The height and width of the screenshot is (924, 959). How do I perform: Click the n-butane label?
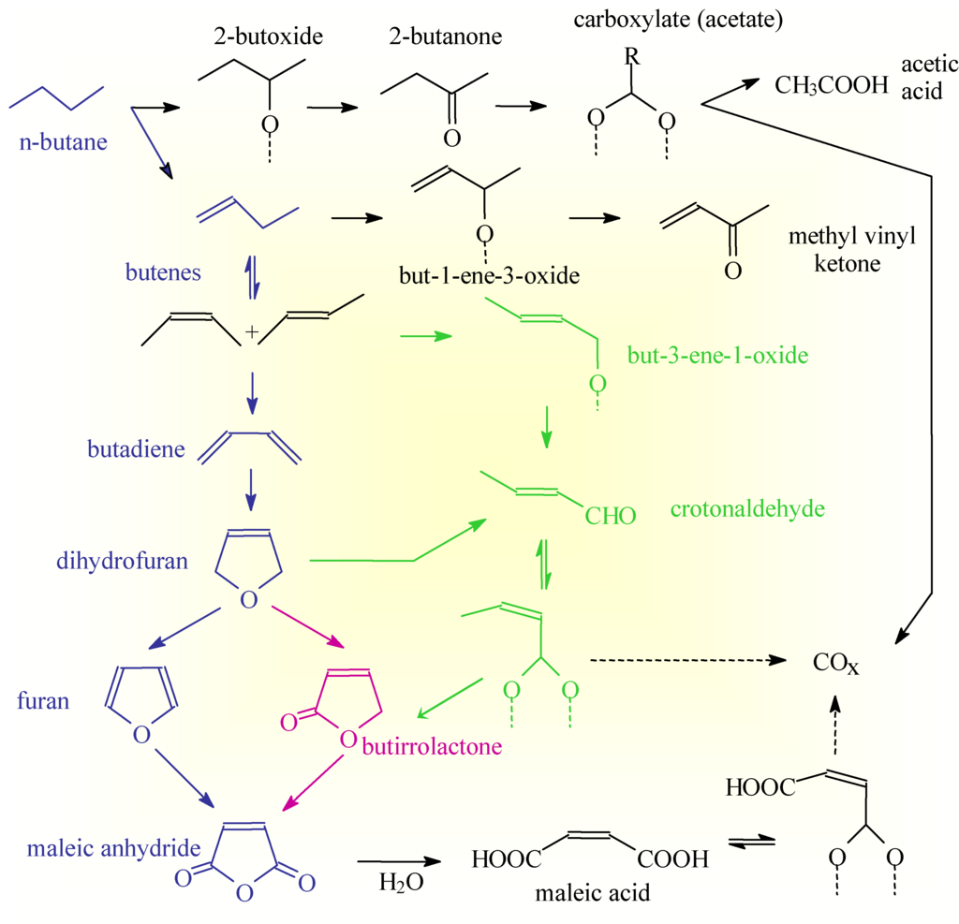62,143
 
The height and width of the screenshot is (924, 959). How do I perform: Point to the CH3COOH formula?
831,86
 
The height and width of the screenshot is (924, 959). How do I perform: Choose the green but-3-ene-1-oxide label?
716,357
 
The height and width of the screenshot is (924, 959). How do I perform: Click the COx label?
835,666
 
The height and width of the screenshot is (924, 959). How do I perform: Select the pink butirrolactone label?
433,746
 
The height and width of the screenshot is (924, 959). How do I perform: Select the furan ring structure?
140,703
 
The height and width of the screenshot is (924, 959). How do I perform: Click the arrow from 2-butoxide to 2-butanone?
332,108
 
